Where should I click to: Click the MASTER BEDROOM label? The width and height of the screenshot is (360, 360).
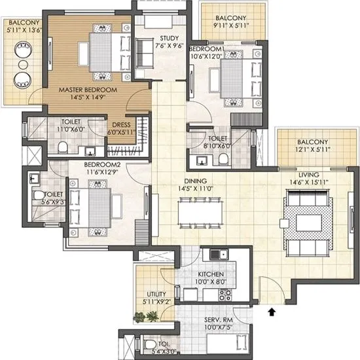pyautogui.click(x=87, y=89)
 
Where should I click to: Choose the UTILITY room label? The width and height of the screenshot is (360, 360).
pyautogui.click(x=154, y=295)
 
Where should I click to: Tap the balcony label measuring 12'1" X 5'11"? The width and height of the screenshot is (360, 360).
pyautogui.click(x=312, y=142)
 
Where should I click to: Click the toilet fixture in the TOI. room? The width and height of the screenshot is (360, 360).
pyautogui.click(x=149, y=344)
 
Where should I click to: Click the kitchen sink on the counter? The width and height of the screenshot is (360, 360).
pyautogui.click(x=217, y=254)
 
